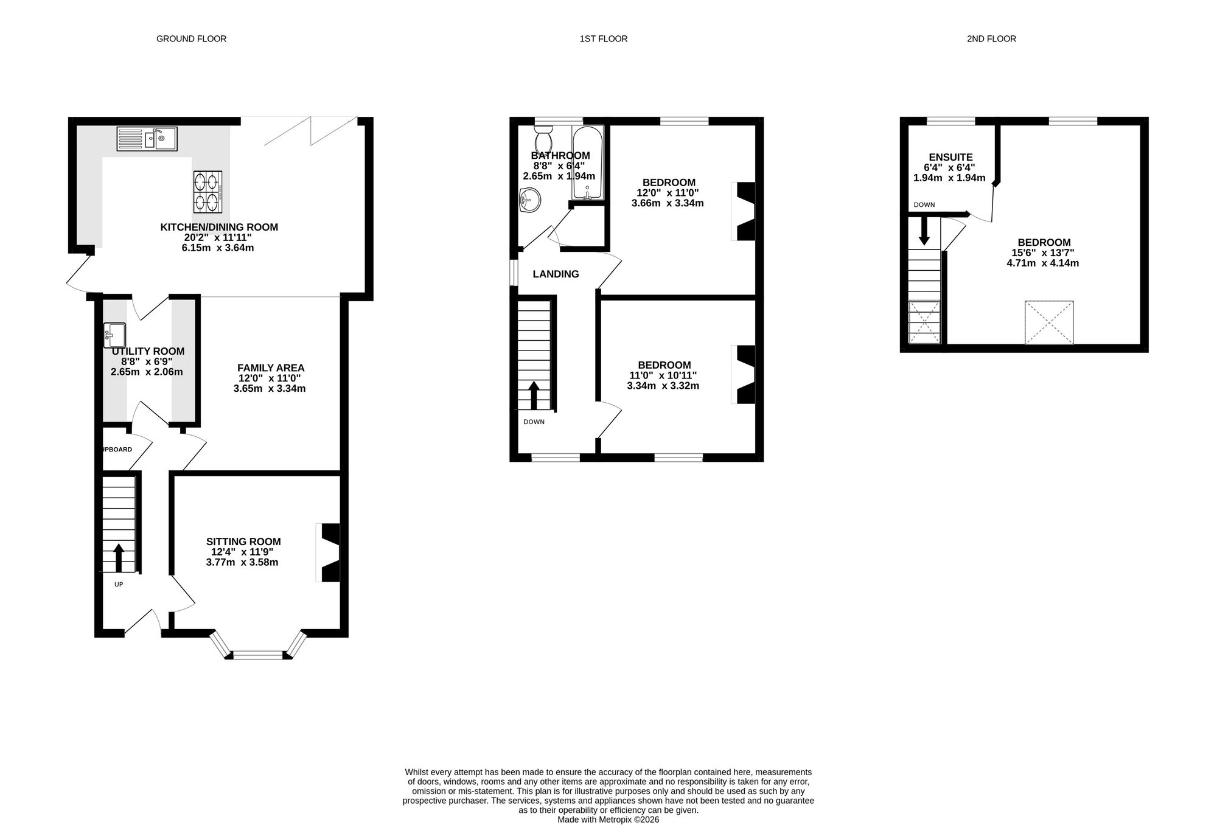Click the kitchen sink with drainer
click(147, 139)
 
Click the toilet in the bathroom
click(543, 139)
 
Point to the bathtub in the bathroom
click(588, 162)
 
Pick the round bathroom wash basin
click(529, 200)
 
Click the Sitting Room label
click(243, 541)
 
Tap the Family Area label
click(271, 367)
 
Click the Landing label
click(556, 274)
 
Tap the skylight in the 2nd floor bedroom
click(1049, 322)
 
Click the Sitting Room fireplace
click(328, 552)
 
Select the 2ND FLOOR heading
click(991, 39)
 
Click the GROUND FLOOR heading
click(191, 39)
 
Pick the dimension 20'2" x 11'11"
click(218, 238)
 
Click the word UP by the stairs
click(119, 584)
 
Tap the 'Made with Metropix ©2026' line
click(608, 820)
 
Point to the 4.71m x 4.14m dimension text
click(1043, 263)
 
